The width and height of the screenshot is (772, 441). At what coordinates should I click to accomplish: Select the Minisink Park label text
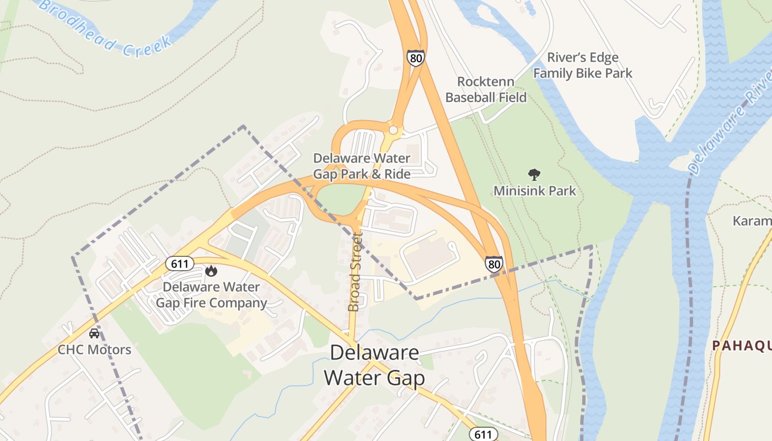click(534, 191)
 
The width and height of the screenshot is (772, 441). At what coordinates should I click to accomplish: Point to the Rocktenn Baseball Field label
click(486, 90)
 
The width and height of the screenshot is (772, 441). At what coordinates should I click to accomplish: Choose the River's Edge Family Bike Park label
click(582, 65)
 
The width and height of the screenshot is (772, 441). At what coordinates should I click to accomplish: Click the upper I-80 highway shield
click(416, 58)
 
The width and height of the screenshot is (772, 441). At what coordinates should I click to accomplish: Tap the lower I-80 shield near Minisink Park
click(494, 265)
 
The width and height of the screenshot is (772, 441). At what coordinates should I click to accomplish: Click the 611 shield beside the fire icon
click(180, 263)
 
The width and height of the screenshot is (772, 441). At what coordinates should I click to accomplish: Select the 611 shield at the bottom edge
click(482, 434)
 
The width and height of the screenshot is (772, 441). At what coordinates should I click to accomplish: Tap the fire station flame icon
click(211, 271)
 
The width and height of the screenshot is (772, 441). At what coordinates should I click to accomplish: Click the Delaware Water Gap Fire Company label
click(211, 295)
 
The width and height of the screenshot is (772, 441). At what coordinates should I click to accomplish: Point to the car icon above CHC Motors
click(94, 334)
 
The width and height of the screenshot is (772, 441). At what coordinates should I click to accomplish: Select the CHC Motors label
click(95, 349)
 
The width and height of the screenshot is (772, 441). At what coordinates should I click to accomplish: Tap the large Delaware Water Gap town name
click(374, 365)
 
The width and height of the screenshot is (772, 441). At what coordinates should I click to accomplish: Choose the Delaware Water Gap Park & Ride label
click(362, 166)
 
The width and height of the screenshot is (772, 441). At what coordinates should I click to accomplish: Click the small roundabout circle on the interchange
click(393, 130)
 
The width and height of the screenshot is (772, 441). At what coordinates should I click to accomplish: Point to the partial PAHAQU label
click(742, 346)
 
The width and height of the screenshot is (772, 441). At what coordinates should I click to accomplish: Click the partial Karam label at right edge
click(752, 221)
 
